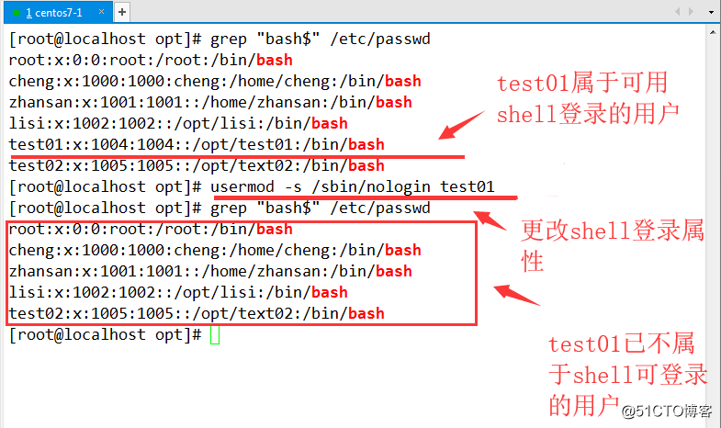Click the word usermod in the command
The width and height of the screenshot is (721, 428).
pos(242,187)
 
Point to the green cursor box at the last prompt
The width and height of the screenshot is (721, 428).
pos(215,335)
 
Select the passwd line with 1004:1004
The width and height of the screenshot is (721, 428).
pos(197,144)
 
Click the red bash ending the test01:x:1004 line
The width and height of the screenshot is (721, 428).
pos(366,144)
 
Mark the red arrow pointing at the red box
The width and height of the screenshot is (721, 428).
pos(517,297)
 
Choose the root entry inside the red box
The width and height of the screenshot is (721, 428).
pos(151,230)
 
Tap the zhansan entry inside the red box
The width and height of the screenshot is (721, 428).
pos(210,272)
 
